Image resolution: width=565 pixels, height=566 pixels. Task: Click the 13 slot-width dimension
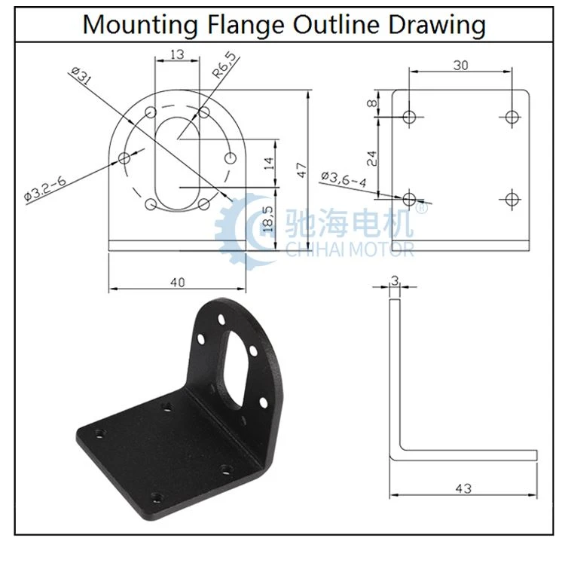click(x=177, y=54)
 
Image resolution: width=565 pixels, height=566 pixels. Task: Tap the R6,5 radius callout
click(x=225, y=65)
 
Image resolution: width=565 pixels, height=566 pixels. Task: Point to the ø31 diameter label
click(x=81, y=75)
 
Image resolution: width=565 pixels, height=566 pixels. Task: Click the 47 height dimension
click(x=301, y=170)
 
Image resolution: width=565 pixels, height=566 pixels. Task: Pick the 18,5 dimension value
click(x=267, y=219)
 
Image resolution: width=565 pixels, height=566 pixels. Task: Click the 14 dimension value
click(x=269, y=164)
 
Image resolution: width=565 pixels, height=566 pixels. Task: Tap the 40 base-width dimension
click(x=177, y=283)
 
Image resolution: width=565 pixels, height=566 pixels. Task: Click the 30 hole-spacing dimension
click(x=461, y=66)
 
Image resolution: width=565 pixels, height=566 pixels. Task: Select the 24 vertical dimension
click(x=371, y=158)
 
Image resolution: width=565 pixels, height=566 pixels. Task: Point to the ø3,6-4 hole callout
click(x=344, y=179)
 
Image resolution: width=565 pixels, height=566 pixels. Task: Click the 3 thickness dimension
click(x=395, y=280)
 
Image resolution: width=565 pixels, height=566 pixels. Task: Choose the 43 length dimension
click(x=463, y=488)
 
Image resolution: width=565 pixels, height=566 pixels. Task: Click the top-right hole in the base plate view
click(x=512, y=117)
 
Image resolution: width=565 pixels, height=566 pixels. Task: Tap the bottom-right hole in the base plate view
click(x=512, y=199)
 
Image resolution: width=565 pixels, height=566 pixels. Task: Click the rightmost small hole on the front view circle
click(x=231, y=158)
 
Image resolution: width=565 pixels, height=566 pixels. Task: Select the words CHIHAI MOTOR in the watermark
click(x=350, y=249)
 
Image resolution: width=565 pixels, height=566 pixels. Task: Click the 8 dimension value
click(x=371, y=103)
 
